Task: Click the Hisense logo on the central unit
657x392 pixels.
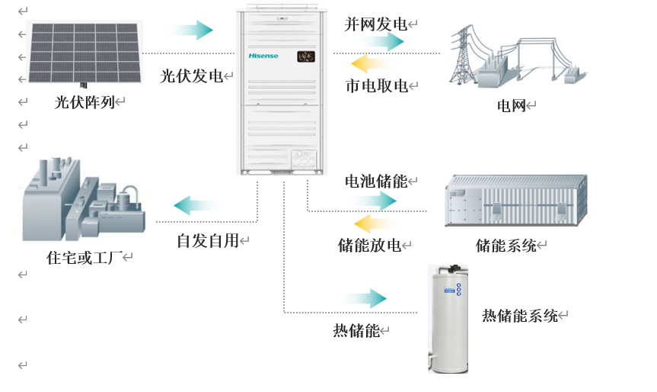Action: (263, 56)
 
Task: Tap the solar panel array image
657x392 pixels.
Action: (85, 53)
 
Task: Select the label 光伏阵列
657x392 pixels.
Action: (85, 102)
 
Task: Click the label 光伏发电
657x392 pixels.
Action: (192, 76)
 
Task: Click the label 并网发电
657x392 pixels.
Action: (376, 24)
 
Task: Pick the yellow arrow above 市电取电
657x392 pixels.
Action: (374, 64)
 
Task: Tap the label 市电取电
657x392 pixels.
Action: (377, 85)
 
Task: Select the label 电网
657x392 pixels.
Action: (511, 105)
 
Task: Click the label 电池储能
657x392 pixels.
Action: (376, 182)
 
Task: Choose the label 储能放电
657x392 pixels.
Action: (369, 245)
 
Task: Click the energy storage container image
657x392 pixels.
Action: (516, 201)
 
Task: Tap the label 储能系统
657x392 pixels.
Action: (506, 245)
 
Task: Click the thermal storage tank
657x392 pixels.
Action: (448, 319)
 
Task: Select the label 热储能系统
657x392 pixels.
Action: (519, 315)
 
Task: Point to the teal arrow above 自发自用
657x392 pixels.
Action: (197, 205)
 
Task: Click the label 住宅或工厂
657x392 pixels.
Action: (85, 257)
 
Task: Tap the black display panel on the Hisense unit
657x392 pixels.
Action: (306, 56)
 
